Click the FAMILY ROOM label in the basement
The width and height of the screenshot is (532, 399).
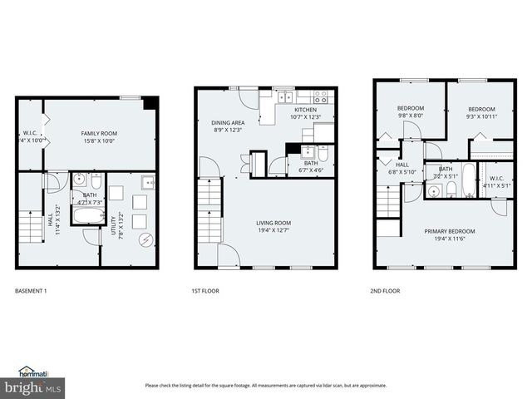coord(99,133)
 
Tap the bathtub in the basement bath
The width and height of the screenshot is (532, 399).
coord(87,216)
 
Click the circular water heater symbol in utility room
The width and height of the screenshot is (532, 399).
coord(145,241)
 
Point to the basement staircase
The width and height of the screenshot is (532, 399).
coord(29,226)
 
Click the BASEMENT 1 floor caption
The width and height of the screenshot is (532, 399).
coord(32,292)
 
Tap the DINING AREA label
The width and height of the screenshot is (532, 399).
coord(227,123)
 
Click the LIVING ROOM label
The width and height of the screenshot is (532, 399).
coord(273,222)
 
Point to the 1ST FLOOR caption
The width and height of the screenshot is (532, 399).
coord(205,292)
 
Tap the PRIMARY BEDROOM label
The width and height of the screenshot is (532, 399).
coord(450,231)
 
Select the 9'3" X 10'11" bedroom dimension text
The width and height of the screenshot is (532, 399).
coord(480,116)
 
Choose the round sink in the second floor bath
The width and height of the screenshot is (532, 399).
coord(433,192)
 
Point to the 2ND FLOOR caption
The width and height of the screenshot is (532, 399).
coord(385,292)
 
